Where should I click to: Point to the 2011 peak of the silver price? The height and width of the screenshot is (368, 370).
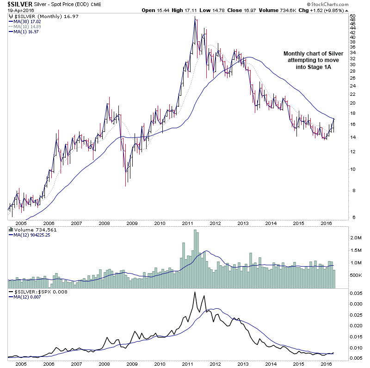pos(195,17)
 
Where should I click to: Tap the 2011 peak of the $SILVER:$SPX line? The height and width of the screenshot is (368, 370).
pos(195,292)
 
